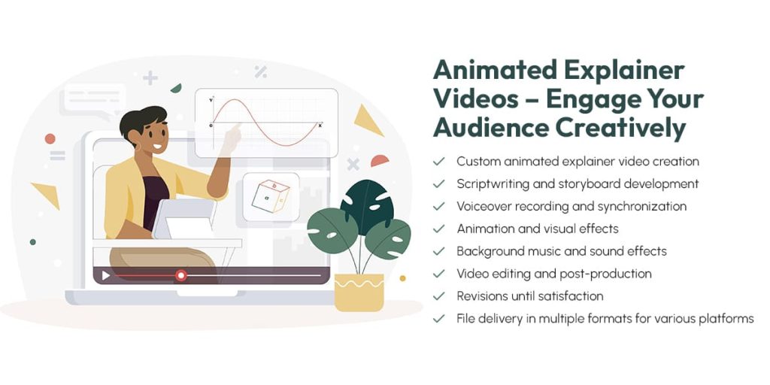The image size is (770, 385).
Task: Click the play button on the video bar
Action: click(105, 276)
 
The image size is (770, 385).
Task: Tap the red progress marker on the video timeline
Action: click(180, 276)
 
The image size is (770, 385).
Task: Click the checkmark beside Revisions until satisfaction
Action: click(438, 296)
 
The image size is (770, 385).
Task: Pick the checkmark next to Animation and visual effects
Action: click(438, 229)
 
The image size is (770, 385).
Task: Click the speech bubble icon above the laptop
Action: click(92, 100)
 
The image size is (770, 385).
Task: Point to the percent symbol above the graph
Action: click(260, 71)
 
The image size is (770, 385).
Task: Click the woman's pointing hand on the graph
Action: click(231, 135)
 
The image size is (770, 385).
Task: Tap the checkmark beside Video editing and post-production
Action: click(438, 274)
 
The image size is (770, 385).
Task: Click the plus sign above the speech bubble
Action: click(150, 77)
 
